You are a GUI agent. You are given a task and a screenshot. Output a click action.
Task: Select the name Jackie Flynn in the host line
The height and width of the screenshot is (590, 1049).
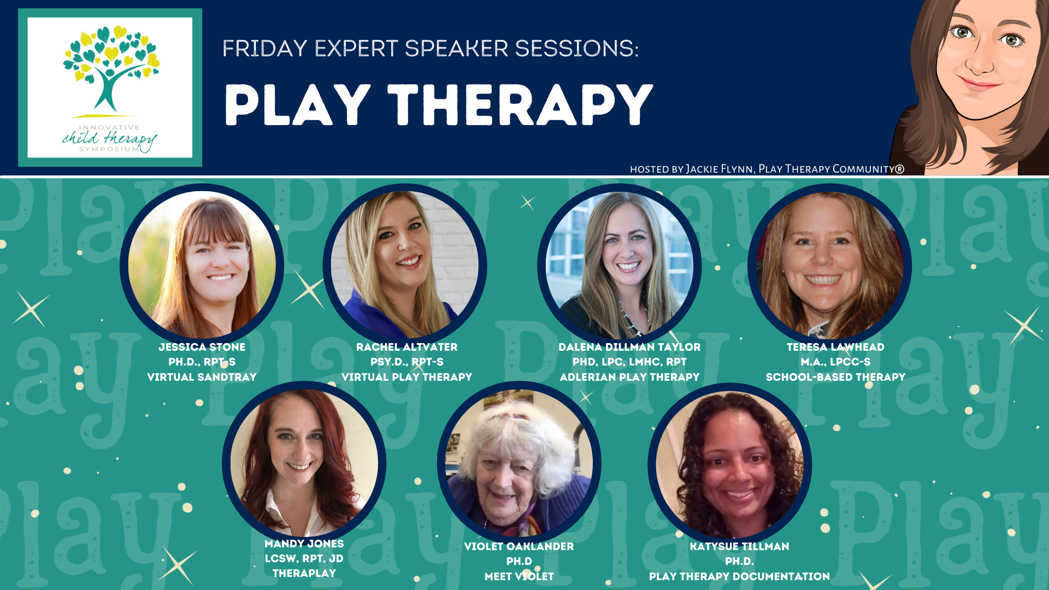[720, 169]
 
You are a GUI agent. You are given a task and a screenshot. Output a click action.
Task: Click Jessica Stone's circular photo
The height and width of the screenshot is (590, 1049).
[202, 265]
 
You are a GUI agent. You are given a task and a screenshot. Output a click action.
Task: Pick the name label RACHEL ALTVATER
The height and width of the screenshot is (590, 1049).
[406, 347]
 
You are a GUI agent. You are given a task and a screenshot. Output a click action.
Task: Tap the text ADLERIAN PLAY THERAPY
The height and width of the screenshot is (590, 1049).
[629, 377]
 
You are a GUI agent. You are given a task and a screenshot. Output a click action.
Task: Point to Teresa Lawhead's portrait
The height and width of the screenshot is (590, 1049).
[829, 265]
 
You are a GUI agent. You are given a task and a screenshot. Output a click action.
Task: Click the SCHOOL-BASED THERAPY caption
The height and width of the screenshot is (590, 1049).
[835, 377]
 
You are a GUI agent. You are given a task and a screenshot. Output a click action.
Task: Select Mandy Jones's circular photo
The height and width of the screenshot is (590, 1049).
[304, 463]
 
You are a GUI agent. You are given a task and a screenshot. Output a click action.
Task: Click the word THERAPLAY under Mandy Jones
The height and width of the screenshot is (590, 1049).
[304, 573]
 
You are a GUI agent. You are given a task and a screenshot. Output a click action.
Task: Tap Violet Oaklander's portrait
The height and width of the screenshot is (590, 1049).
[519, 463]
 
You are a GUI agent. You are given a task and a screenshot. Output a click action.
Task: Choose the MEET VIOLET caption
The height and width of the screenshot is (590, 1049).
[519, 576]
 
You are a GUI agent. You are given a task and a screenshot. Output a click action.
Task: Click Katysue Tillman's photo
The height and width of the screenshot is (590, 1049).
[729, 464]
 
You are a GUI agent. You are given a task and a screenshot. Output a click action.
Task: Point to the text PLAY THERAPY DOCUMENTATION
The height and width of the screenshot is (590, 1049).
[739, 576]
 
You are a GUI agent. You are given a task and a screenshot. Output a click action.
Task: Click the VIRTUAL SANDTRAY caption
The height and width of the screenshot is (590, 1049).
[202, 377]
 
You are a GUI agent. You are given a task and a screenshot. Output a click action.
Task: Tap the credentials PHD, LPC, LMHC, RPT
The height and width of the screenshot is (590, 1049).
[629, 362]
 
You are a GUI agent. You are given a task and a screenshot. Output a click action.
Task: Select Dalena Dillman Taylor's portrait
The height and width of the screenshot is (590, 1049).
[620, 265]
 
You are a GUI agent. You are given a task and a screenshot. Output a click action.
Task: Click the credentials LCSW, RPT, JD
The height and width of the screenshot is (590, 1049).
[304, 558]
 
